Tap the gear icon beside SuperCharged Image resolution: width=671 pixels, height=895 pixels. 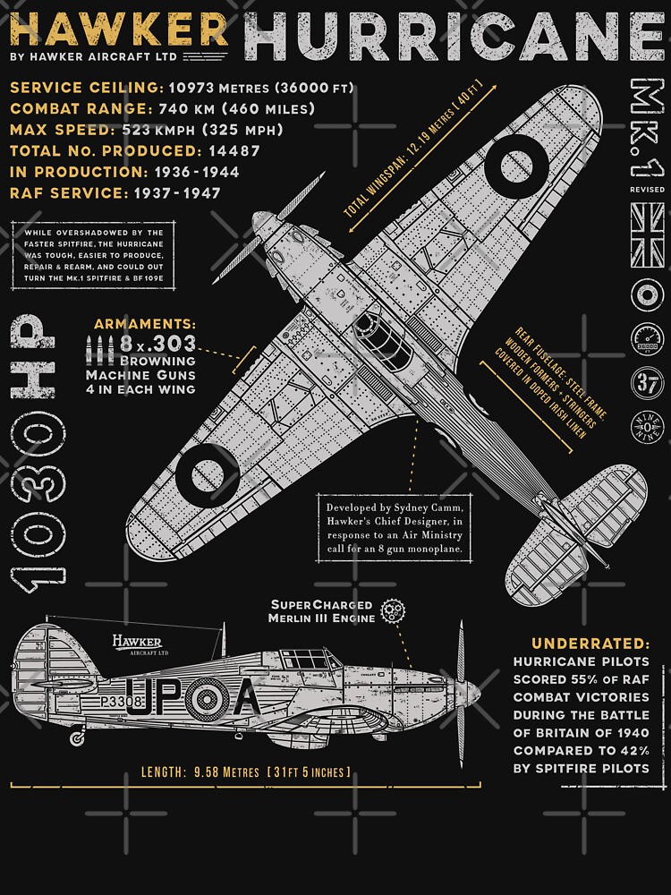(x=391, y=611)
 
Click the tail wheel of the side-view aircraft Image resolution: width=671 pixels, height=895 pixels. (x=77, y=739)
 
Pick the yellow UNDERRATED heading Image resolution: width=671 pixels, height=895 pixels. (x=590, y=644)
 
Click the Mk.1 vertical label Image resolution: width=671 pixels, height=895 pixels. (x=646, y=131)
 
